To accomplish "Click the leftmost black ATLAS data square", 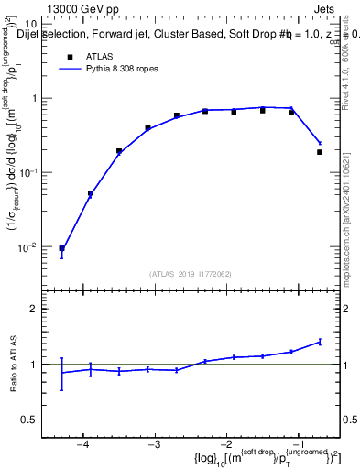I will [x=61, y=248].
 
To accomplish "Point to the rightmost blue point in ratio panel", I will [x=320, y=342].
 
